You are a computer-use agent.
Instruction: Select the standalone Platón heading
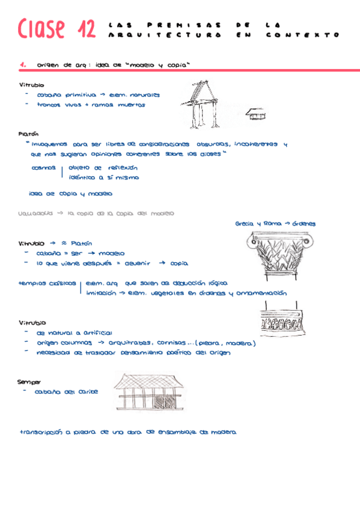tap(29, 135)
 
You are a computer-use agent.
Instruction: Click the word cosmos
tap(43, 168)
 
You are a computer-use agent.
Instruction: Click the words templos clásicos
tap(47, 283)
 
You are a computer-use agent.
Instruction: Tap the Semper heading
tap(29, 381)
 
